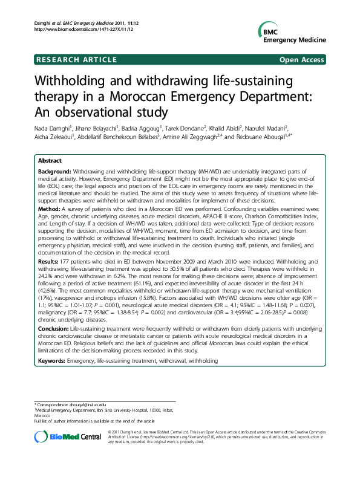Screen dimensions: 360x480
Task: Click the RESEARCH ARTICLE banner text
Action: pos(76,59)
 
